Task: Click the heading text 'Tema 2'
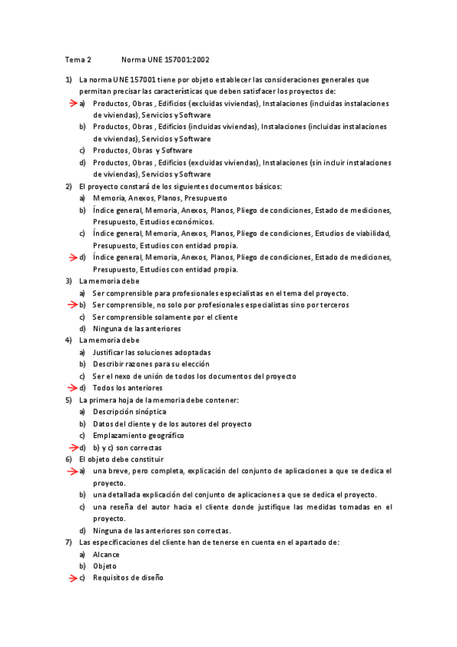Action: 78,59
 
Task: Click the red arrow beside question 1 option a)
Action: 72,103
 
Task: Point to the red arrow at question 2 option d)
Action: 72,258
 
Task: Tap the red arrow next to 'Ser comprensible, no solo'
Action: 72,305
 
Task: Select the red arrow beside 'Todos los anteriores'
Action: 72,388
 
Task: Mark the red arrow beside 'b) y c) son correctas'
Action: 72,447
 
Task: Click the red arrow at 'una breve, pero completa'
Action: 72,472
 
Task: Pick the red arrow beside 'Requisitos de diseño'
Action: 72,578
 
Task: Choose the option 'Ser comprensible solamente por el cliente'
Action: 165,317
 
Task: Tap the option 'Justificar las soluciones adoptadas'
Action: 151,352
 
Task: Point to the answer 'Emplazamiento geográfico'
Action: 138,435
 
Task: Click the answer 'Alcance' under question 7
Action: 106,555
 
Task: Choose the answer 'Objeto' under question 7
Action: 105,566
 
